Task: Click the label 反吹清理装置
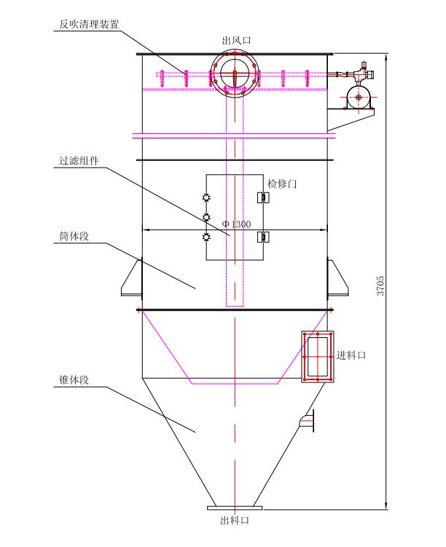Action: (89, 24)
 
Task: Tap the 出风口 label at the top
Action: (236, 41)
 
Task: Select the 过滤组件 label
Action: (79, 161)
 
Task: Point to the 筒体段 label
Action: (74, 236)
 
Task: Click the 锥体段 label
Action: (74, 380)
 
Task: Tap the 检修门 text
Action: (282, 184)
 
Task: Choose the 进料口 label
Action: (351, 355)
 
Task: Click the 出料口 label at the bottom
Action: (235, 521)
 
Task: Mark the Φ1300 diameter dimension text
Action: (237, 224)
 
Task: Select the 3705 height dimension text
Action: (380, 286)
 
